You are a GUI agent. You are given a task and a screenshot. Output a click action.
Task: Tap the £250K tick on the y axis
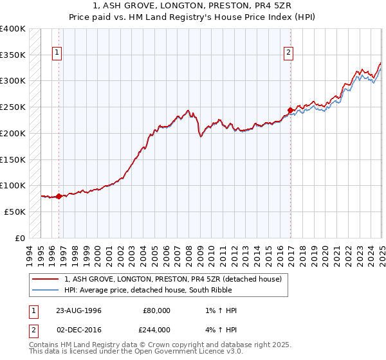pos(13,107)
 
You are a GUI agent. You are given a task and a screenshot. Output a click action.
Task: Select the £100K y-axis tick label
pos(13,185)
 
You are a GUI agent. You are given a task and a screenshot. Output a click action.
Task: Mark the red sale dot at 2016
pos(290,110)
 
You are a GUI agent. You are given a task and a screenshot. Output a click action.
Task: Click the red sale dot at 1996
pos(59,196)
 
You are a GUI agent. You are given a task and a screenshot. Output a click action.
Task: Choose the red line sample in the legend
pos(46,280)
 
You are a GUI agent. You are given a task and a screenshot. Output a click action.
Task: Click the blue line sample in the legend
pos(46,290)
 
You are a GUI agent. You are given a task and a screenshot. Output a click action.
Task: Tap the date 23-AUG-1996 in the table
pos(78,310)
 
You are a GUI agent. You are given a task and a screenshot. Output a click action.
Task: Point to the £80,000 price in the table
pos(154,310)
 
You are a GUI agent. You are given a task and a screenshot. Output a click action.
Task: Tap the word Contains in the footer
pos(43,345)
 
